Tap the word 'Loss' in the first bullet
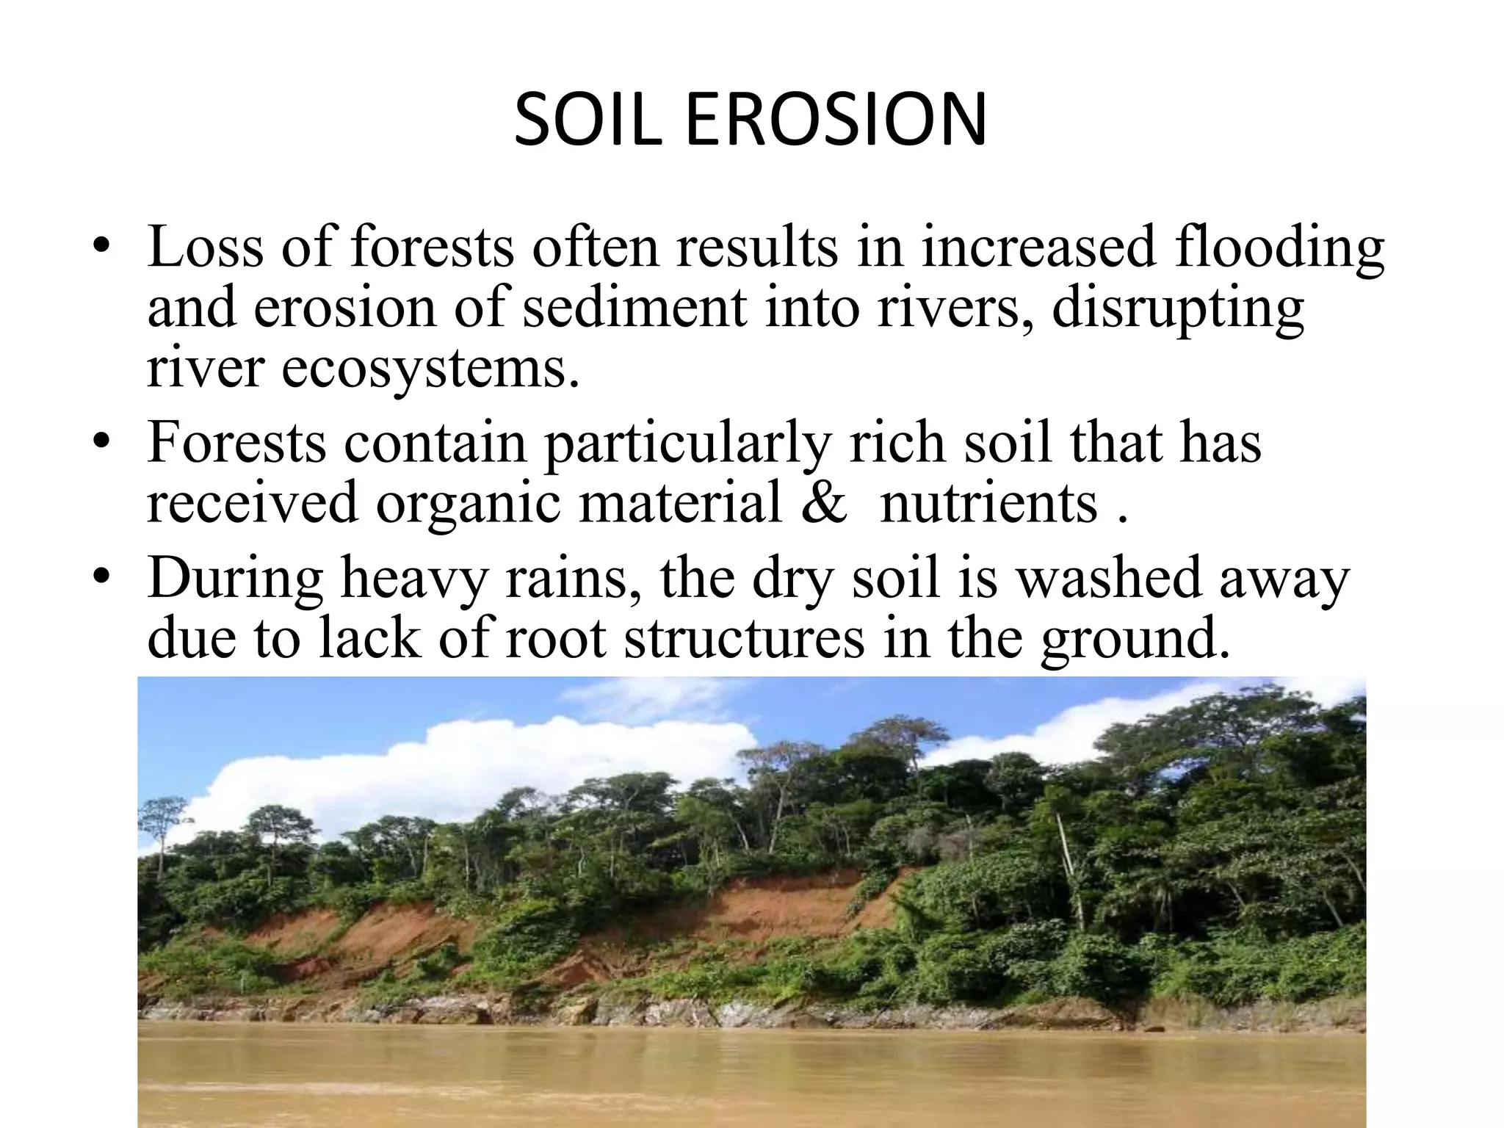click(205, 247)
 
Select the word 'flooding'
click(1279, 248)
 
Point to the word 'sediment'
click(634, 308)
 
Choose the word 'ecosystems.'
click(430, 369)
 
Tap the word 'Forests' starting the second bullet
click(236, 443)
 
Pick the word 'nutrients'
click(988, 505)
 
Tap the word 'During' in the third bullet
click(235, 579)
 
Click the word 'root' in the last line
click(556, 639)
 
